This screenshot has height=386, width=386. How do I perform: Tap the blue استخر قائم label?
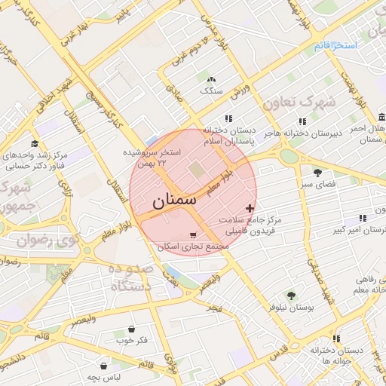335,46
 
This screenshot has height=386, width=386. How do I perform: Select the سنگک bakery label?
210,90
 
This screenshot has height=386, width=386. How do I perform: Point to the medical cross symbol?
250,208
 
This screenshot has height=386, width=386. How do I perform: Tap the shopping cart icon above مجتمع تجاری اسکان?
194,235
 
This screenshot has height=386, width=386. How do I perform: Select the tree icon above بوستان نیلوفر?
291,296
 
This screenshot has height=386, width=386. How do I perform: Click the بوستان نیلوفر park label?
290,308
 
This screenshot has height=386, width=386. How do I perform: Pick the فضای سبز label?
317,183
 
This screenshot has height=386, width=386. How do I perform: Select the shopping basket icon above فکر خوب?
133,329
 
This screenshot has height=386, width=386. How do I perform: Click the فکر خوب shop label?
133,341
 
